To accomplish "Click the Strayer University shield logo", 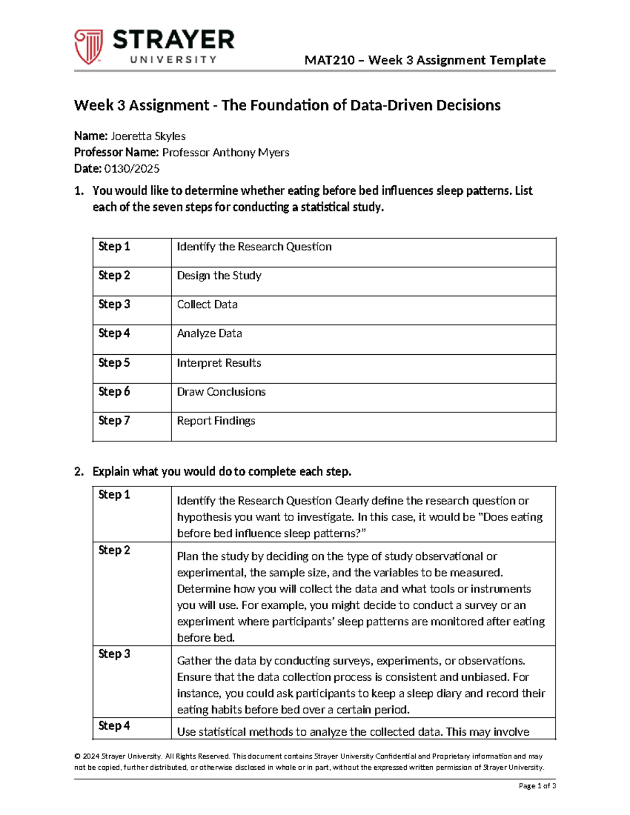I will pos(88,47).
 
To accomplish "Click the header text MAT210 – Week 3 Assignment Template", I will pos(425,60).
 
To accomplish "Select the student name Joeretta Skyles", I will pos(148,136).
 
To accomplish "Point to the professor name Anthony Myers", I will pos(251,153).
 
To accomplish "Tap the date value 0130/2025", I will pos(132,169).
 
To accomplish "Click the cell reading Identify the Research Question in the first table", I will pos(254,247).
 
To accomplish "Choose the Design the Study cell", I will pos(219,276).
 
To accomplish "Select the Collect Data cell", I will pos(207,304).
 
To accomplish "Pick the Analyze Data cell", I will pos(209,334).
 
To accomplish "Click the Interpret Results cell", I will pos(218,363).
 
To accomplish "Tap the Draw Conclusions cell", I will pos(221,392).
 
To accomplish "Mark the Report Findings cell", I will pos(216,421).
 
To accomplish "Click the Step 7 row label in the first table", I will pos(114,421).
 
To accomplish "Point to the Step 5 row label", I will pos(114,363).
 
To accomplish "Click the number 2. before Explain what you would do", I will pos(79,472).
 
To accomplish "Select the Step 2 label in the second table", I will pos(114,551).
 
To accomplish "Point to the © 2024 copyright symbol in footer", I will pos(77,757).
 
